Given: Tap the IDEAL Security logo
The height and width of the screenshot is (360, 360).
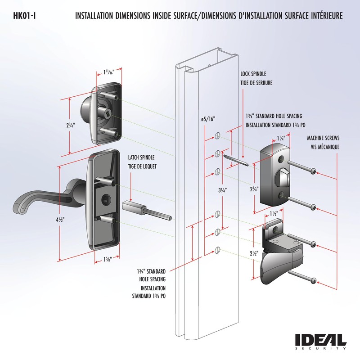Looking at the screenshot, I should pyautogui.click(x=320, y=341).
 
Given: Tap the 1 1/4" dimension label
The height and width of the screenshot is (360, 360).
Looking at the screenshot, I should pyautogui.click(x=281, y=139).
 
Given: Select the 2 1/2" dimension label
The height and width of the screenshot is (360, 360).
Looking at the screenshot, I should pyautogui.click(x=254, y=253).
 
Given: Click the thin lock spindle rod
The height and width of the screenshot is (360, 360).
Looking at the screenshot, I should pyautogui.click(x=235, y=161).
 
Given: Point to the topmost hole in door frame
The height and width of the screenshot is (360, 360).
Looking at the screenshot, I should pyautogui.click(x=218, y=135).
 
